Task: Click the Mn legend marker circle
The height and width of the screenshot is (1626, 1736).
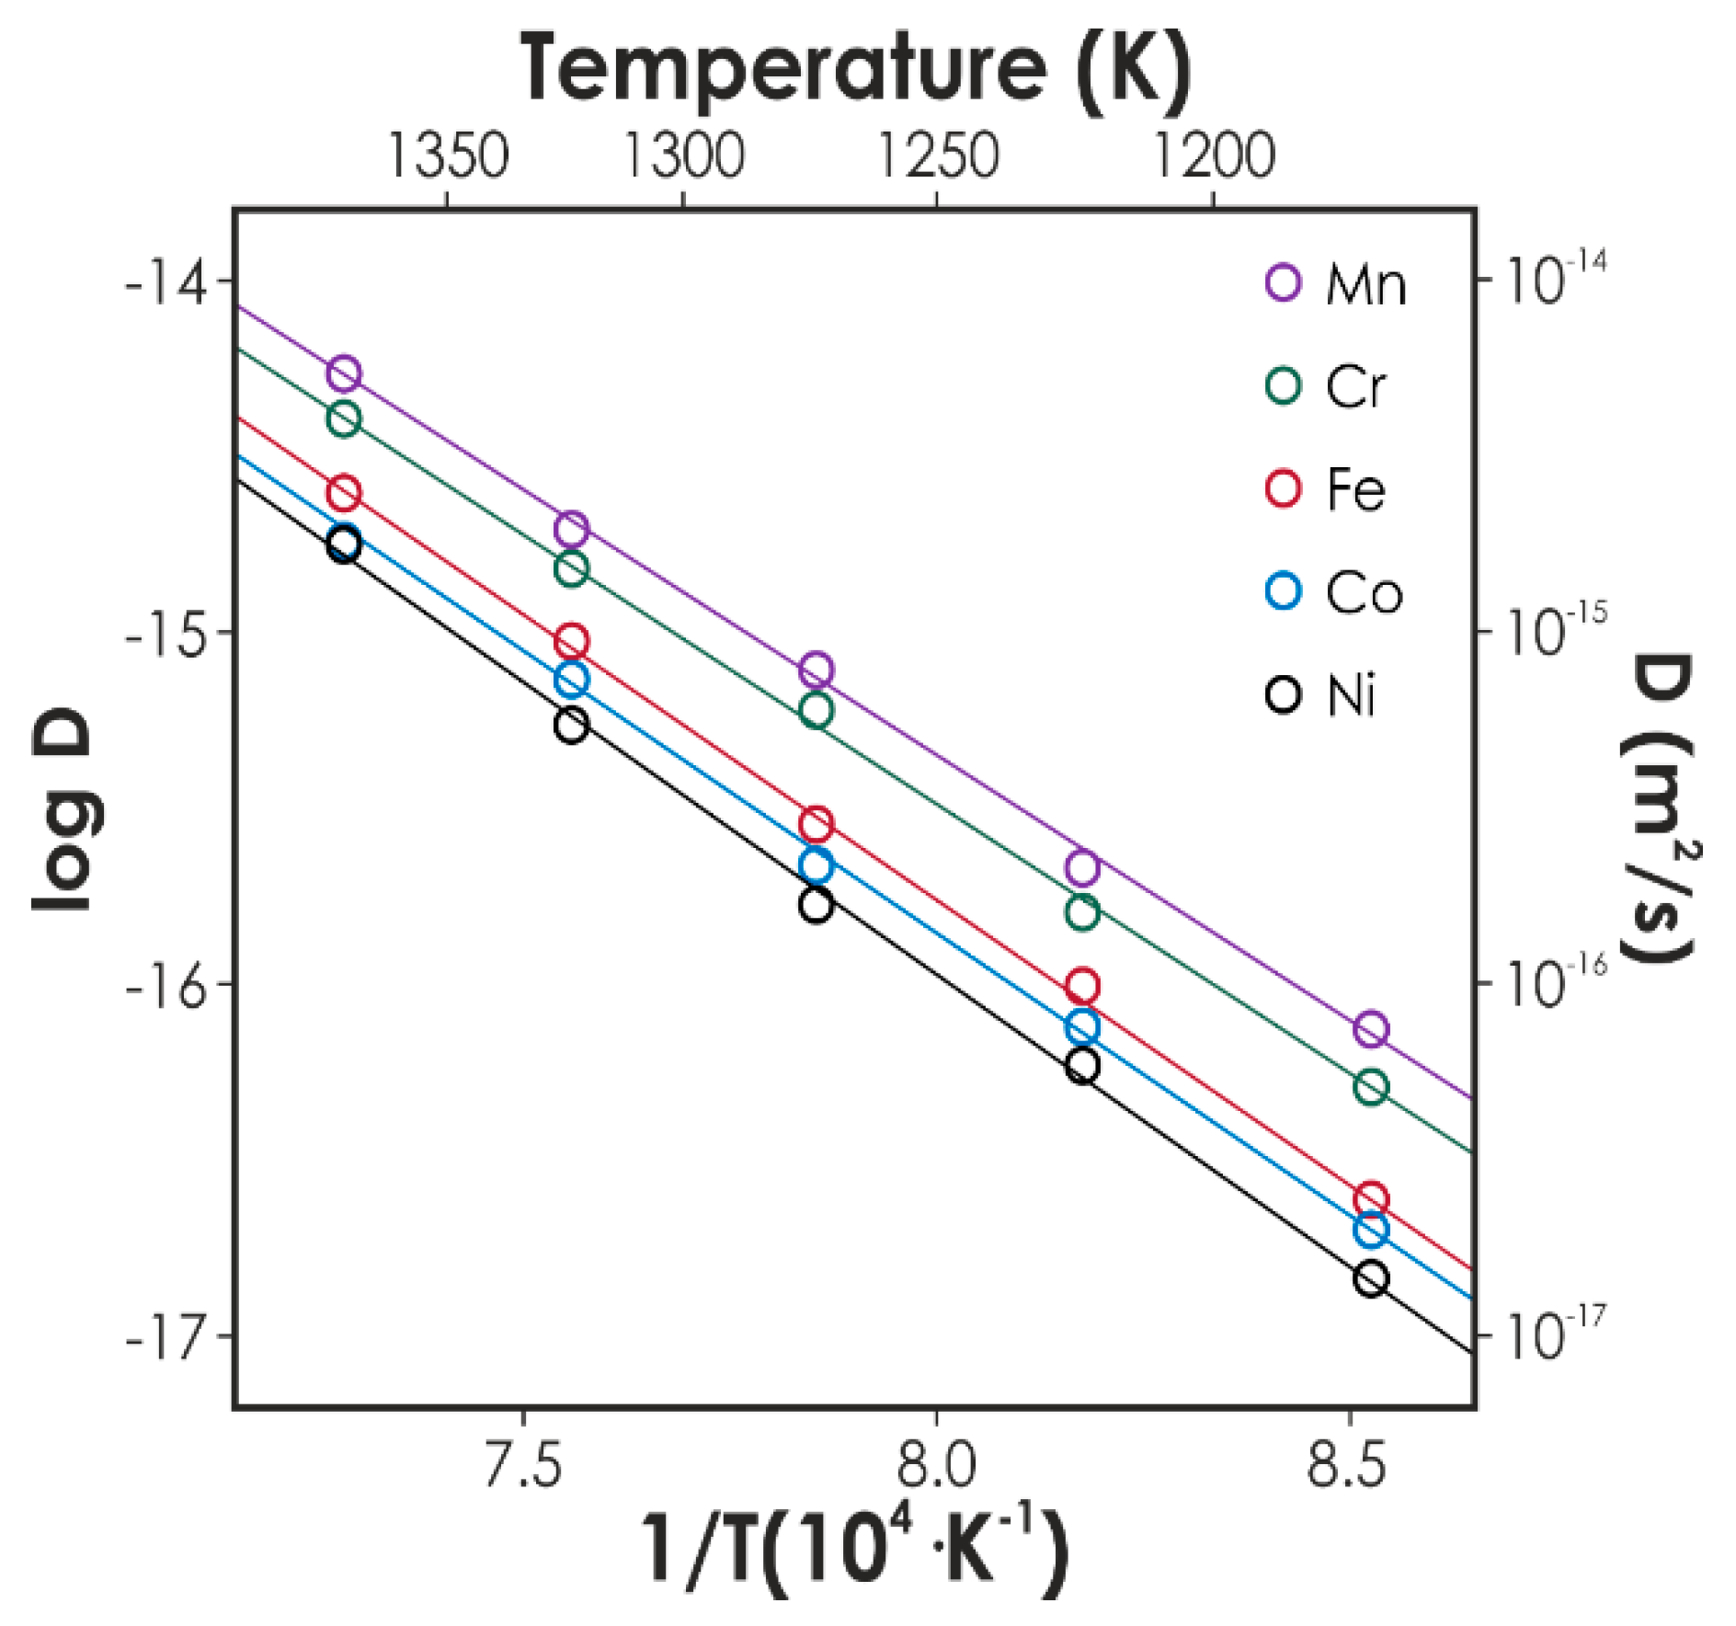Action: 1283,281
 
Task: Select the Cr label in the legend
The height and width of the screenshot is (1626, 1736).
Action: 1354,386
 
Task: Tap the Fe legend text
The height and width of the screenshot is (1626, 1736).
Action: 1355,489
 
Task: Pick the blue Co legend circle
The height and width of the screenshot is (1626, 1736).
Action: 1283,590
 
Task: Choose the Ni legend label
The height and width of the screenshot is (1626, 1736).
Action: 1351,695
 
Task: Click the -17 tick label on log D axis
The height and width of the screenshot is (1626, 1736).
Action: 166,1335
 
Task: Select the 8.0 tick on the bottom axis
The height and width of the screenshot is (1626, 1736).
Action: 935,1463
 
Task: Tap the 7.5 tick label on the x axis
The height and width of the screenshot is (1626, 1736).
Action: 522,1463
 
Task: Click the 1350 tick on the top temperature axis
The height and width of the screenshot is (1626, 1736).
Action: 448,155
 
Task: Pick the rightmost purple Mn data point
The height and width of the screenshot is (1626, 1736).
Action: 1370,1028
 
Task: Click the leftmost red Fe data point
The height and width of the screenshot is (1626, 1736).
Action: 344,493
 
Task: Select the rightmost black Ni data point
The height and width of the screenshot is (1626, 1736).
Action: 1370,1278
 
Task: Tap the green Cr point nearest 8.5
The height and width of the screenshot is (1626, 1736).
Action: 1370,1087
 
